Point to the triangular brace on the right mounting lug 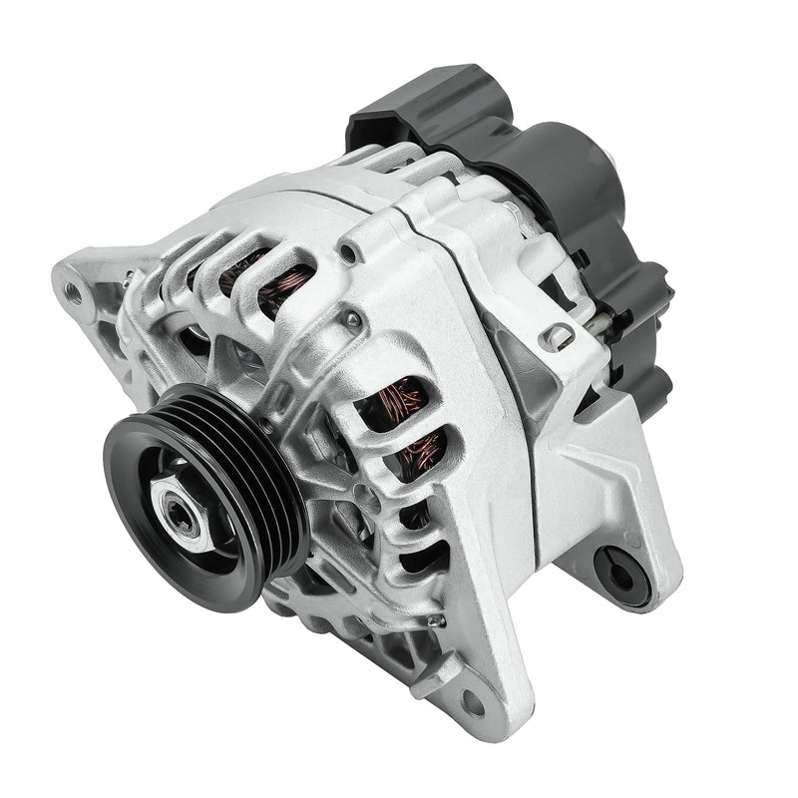589,469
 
